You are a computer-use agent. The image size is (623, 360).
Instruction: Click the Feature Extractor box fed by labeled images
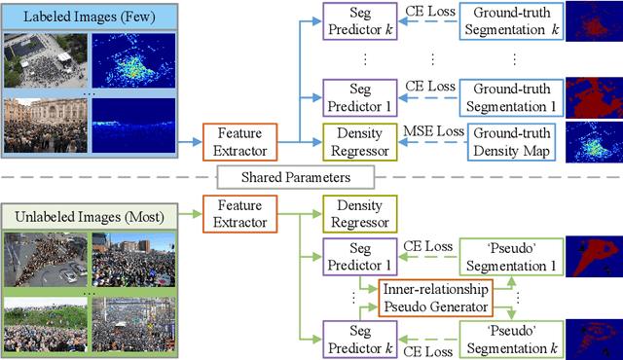[x=239, y=143]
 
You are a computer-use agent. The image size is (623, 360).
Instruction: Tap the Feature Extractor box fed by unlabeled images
[x=239, y=214]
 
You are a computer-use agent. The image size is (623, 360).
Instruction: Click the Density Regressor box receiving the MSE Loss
[x=358, y=143]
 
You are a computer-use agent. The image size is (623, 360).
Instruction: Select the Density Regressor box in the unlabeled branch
[x=358, y=214]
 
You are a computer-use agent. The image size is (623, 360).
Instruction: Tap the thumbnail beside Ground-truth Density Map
[x=593, y=143]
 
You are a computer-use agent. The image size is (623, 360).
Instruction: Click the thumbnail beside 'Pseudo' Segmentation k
[x=593, y=338]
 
